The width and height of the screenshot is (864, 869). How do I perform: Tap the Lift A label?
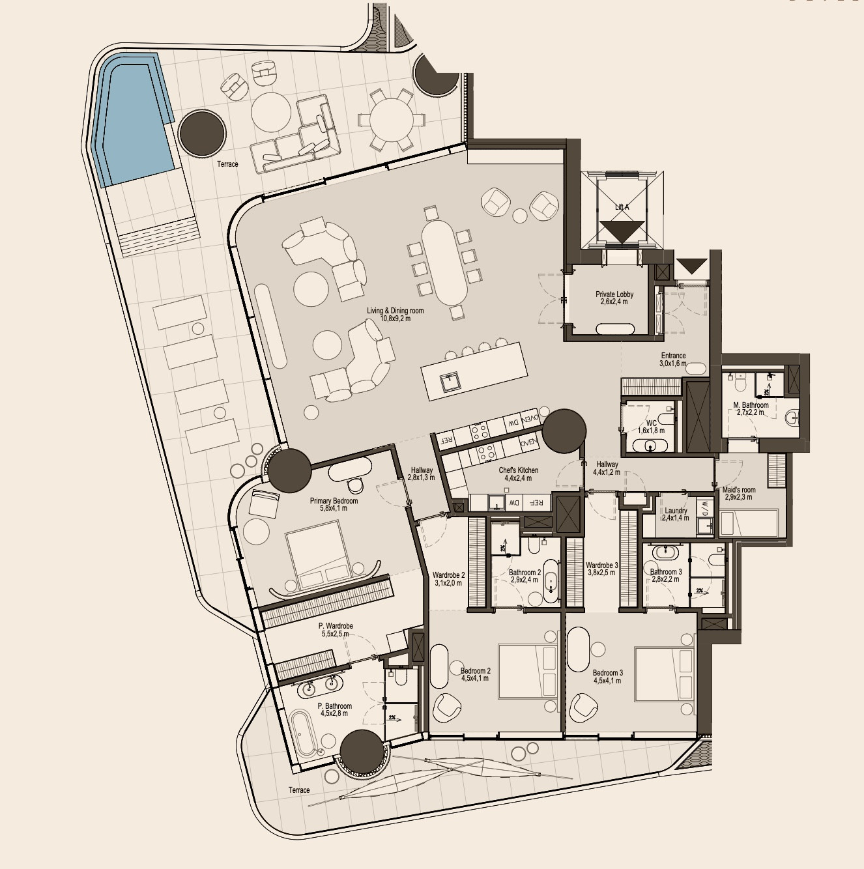[x=622, y=207]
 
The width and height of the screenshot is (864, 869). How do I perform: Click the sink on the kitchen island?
[x=449, y=382]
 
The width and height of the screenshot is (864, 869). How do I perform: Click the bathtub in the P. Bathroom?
[x=304, y=732]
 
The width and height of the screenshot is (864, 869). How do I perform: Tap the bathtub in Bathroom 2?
[x=551, y=580]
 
